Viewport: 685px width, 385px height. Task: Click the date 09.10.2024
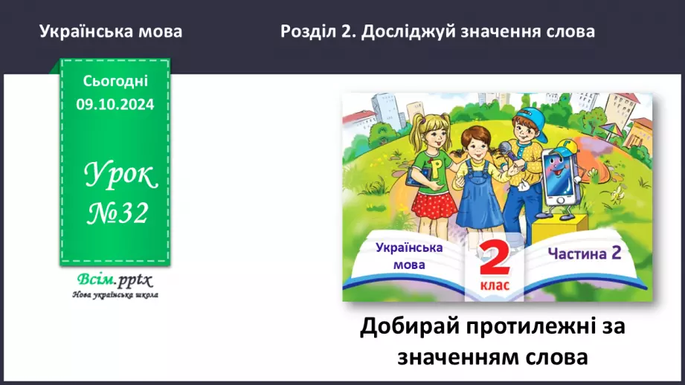[115, 106]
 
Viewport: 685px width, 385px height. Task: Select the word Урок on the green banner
[120, 176]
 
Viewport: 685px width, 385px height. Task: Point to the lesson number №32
[116, 214]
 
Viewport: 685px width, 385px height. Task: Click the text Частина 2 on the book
[585, 253]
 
